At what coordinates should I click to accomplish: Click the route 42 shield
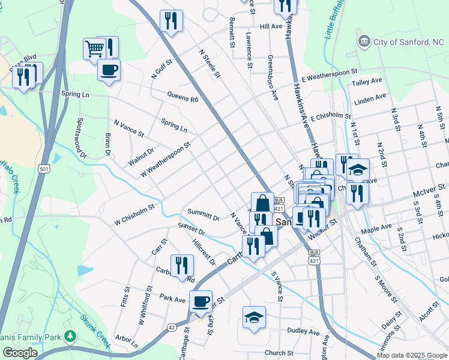(x=172, y=327)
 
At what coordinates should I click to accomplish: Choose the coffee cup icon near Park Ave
(x=201, y=301)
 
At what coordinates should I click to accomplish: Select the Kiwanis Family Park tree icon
(x=71, y=335)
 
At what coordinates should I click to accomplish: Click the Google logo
(x=20, y=352)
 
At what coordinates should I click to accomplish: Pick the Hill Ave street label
(x=271, y=27)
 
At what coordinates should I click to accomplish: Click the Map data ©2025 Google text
(x=411, y=355)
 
